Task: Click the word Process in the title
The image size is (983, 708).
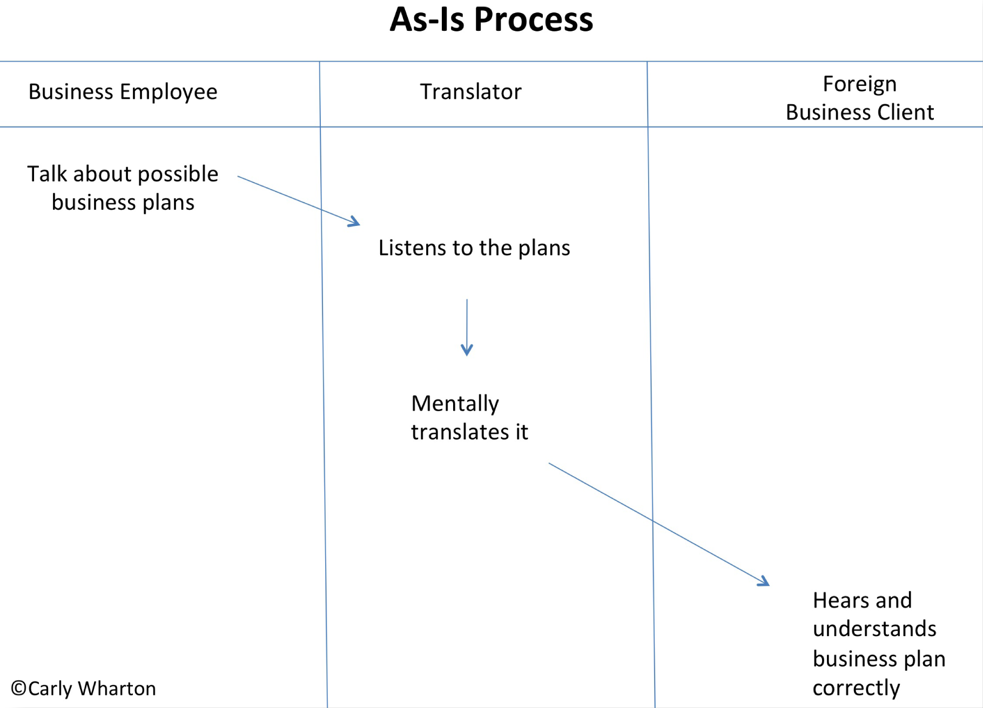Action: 534,19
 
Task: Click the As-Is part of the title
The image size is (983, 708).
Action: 427,19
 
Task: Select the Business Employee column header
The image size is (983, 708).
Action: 123,92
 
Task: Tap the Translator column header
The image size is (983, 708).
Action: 470,92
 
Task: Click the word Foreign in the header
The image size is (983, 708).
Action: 859,84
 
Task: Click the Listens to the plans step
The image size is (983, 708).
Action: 474,248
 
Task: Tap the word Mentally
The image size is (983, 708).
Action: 455,404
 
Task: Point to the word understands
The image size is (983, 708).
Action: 874,629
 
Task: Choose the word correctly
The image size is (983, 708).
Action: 856,688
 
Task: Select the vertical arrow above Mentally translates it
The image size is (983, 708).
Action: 467,327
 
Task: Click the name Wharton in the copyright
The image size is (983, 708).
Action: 117,689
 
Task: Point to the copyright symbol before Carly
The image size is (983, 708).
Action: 19,688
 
